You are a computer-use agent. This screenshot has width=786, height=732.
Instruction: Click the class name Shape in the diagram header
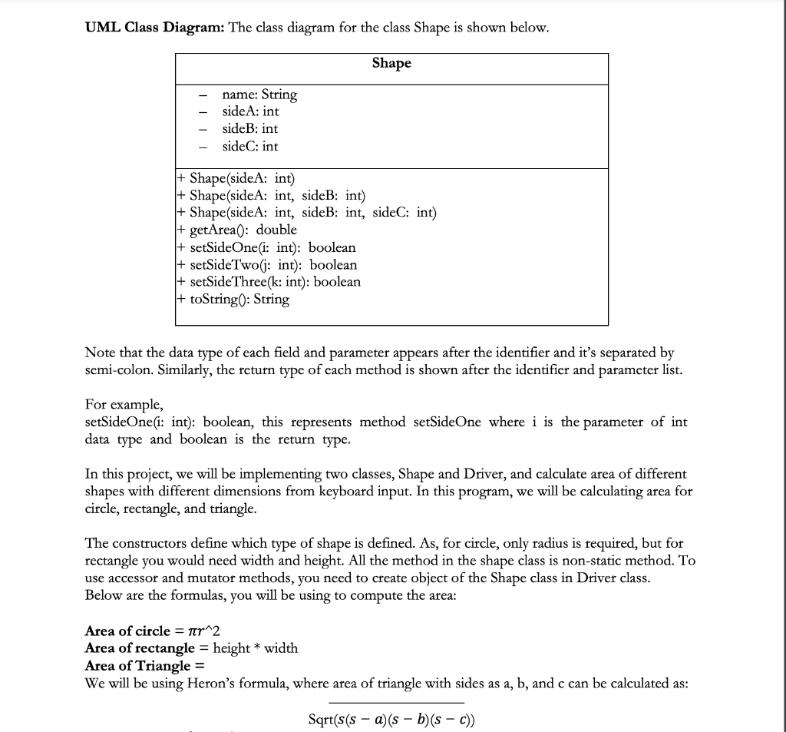[391, 64]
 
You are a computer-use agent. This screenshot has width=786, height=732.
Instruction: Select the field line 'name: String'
[259, 95]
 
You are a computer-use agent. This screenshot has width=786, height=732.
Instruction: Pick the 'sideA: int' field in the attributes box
[250, 112]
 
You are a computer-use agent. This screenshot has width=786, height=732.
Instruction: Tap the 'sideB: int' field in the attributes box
[249, 129]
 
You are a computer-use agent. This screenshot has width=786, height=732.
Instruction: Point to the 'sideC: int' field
[249, 146]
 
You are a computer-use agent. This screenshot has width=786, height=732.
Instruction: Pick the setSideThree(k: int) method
[269, 282]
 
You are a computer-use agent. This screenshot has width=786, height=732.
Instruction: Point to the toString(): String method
[233, 299]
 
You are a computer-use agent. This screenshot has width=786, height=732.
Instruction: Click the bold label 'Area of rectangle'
[140, 648]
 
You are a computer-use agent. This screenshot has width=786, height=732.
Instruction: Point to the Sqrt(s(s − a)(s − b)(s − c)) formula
[395, 720]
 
